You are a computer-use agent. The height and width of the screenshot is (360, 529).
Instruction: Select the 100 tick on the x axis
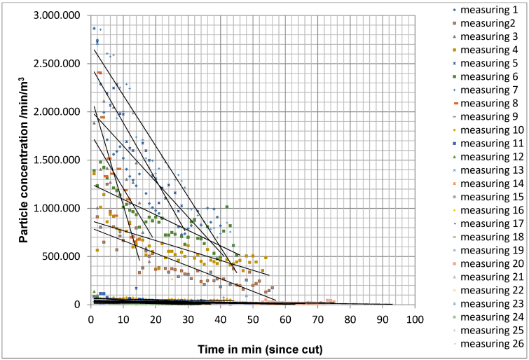415,319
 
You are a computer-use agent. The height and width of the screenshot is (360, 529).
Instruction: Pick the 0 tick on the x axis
91,319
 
